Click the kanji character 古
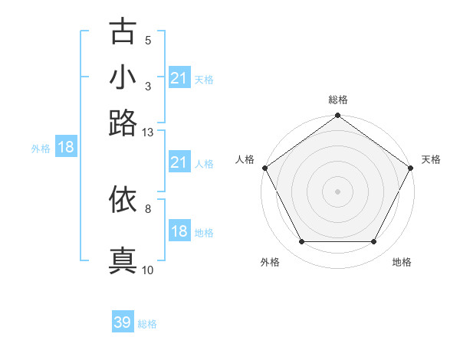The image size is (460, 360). pyautogui.click(x=123, y=31)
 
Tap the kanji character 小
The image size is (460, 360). pyautogui.click(x=123, y=77)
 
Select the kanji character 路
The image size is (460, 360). pyautogui.click(x=123, y=123)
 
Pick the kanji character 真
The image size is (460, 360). pyautogui.click(x=123, y=260)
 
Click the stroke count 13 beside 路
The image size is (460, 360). pyautogui.click(x=148, y=133)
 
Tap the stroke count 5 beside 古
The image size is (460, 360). pyautogui.click(x=148, y=41)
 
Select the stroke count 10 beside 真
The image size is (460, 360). pyautogui.click(x=148, y=270)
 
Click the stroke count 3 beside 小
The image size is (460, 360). pyautogui.click(x=148, y=87)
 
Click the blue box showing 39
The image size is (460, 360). pyautogui.click(x=123, y=322)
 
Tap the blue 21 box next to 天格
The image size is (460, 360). pyautogui.click(x=179, y=78)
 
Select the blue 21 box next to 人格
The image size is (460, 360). pyautogui.click(x=179, y=162)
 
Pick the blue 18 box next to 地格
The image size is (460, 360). pyautogui.click(x=179, y=231)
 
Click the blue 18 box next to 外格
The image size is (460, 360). pyautogui.click(x=66, y=148)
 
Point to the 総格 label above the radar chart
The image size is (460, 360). pyautogui.click(x=337, y=100)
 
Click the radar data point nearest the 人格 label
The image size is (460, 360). pyautogui.click(x=264, y=168)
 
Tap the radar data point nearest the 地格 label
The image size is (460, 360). pyautogui.click(x=374, y=242)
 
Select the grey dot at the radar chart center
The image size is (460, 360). pyautogui.click(x=337, y=191)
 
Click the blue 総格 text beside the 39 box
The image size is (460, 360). pyautogui.click(x=147, y=324)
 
